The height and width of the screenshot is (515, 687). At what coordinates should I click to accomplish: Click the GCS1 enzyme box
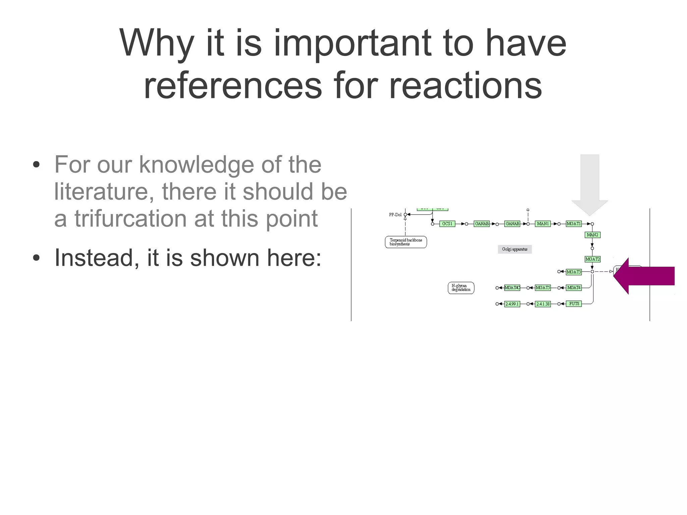(x=447, y=224)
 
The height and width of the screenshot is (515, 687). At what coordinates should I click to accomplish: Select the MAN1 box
(x=542, y=224)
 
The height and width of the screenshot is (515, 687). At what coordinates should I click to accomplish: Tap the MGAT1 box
(x=573, y=224)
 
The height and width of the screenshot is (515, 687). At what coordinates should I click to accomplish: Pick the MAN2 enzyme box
(x=592, y=235)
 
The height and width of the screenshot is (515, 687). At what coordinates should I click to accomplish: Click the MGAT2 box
(x=592, y=259)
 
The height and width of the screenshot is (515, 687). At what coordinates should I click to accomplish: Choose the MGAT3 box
(x=573, y=272)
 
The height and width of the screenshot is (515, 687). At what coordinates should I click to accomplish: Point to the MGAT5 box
(x=542, y=288)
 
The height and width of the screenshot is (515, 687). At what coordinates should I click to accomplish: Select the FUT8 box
(x=574, y=304)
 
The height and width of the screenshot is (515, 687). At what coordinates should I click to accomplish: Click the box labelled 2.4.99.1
(x=512, y=304)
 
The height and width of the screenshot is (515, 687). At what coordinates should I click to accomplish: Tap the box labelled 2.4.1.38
(x=542, y=304)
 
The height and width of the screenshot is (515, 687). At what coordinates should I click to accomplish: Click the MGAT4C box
(x=512, y=288)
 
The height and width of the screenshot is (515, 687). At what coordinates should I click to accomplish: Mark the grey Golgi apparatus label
(x=515, y=249)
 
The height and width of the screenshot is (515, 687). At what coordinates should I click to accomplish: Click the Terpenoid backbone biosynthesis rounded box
(x=406, y=242)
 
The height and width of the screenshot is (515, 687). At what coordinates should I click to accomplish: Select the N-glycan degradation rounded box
(x=461, y=288)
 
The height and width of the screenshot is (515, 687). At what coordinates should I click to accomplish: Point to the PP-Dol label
(x=395, y=215)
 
